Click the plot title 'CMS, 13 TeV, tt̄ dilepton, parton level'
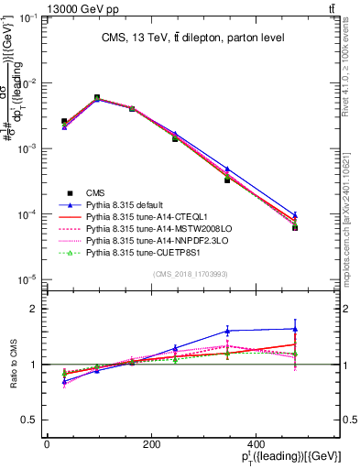192,38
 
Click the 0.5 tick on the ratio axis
36,420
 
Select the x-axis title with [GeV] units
291,459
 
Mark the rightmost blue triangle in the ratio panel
295,328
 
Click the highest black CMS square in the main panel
97,97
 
